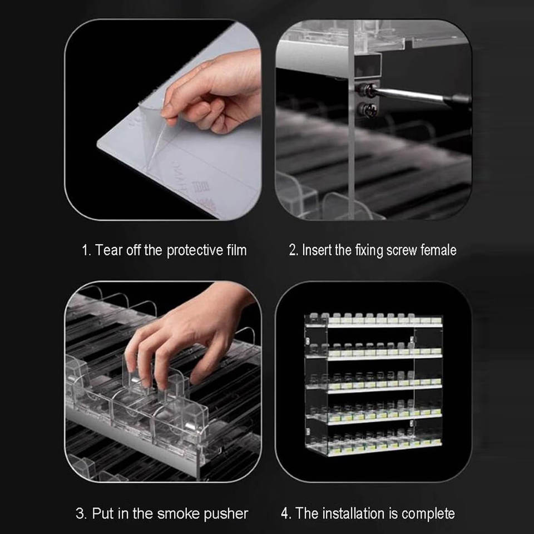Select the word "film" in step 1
[237, 250]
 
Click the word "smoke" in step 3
[178, 513]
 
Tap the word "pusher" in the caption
[226, 514]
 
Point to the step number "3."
[81, 513]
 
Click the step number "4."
[286, 513]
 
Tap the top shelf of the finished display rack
[374, 324]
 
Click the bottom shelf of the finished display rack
[374, 450]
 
